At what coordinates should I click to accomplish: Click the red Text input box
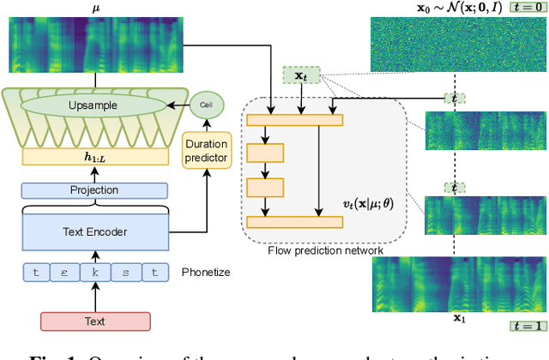click(95, 321)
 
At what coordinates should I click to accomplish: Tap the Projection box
click(95, 190)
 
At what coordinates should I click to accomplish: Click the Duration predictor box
click(206, 151)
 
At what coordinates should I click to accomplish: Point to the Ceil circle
click(206, 105)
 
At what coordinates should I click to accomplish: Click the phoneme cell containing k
click(95, 273)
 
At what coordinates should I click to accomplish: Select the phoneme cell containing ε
click(65, 273)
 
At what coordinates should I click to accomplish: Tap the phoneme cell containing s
click(125, 273)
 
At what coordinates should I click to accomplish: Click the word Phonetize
click(206, 273)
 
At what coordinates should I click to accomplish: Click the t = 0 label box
click(528, 8)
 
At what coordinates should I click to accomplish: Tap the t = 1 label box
click(527, 326)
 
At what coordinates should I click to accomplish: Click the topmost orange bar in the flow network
click(294, 120)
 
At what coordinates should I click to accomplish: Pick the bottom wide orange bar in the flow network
click(294, 222)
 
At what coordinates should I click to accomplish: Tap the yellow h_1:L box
click(95, 155)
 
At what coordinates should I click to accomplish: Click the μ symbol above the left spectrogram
click(95, 9)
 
